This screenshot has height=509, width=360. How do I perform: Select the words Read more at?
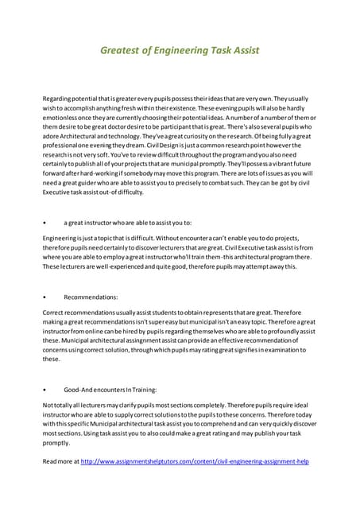[x=60, y=460]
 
